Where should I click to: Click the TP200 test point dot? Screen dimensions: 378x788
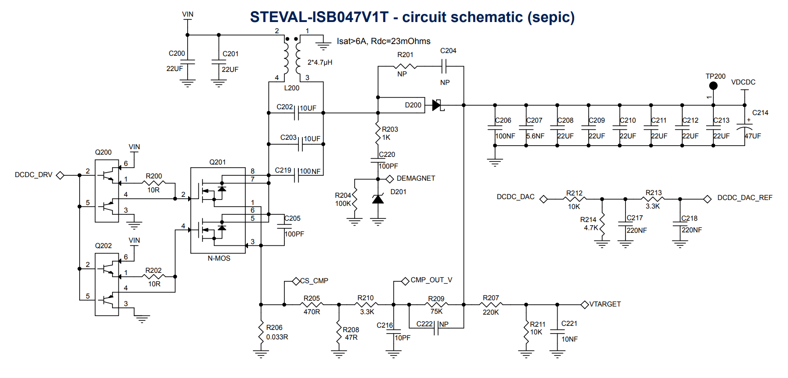[713, 85]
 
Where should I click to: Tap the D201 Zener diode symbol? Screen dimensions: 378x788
[378, 199]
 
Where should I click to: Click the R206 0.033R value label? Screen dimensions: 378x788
[277, 337]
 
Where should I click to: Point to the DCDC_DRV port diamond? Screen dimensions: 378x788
[60, 175]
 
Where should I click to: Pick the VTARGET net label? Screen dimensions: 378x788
[605, 304]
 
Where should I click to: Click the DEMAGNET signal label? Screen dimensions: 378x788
[416, 178]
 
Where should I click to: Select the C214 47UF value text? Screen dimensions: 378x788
[752, 136]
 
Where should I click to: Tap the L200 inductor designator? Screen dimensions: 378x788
[292, 88]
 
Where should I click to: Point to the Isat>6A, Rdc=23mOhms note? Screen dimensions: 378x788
[383, 41]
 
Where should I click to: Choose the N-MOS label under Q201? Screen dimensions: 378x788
[219, 258]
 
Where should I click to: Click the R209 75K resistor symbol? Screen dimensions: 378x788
[436, 305]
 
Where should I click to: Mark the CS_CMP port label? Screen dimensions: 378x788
[314, 281]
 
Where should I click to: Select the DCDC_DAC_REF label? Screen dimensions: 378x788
[745, 198]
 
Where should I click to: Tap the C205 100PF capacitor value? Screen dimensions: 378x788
[294, 234]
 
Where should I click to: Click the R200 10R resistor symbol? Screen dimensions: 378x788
[153, 183]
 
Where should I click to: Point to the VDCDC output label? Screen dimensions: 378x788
[743, 82]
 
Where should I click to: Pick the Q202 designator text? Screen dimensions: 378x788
[103, 246]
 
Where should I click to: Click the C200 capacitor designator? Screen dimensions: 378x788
[177, 53]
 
